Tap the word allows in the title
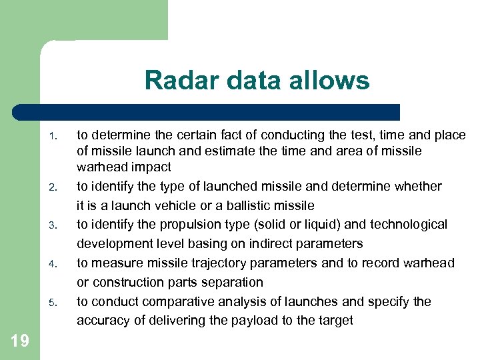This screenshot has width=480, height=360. click(331, 81)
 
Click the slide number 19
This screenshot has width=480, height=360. click(20, 341)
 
